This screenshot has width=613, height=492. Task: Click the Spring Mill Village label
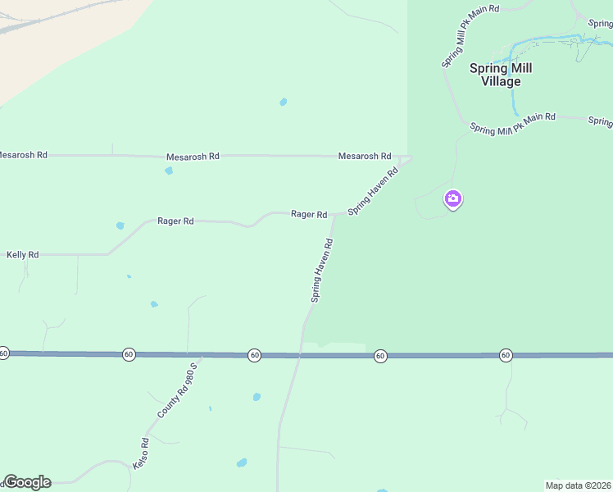(x=495, y=75)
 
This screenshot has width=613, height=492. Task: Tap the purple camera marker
(x=452, y=198)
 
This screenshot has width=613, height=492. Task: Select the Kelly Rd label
(x=22, y=255)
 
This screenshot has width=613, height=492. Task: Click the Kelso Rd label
(x=142, y=453)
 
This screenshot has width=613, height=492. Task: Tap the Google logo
(x=27, y=482)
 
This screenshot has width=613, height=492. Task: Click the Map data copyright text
(x=578, y=485)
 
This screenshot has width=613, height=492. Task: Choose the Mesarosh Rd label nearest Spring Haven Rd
(x=365, y=156)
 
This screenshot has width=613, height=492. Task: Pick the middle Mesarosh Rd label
(x=193, y=156)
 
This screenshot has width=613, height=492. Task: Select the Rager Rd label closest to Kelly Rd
(x=175, y=221)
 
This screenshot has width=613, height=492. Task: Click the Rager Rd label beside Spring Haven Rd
(x=309, y=214)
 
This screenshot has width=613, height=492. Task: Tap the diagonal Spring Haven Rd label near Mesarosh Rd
(x=373, y=191)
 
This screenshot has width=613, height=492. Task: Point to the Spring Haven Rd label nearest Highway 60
(x=322, y=271)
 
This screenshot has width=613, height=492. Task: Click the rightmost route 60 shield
(x=506, y=355)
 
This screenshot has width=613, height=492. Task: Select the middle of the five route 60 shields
(x=255, y=355)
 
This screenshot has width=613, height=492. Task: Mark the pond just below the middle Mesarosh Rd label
(x=169, y=171)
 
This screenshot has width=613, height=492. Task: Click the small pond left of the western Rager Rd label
(x=120, y=225)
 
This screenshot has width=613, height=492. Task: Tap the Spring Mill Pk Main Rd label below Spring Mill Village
(x=513, y=124)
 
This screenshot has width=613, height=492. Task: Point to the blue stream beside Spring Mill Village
(x=514, y=90)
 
